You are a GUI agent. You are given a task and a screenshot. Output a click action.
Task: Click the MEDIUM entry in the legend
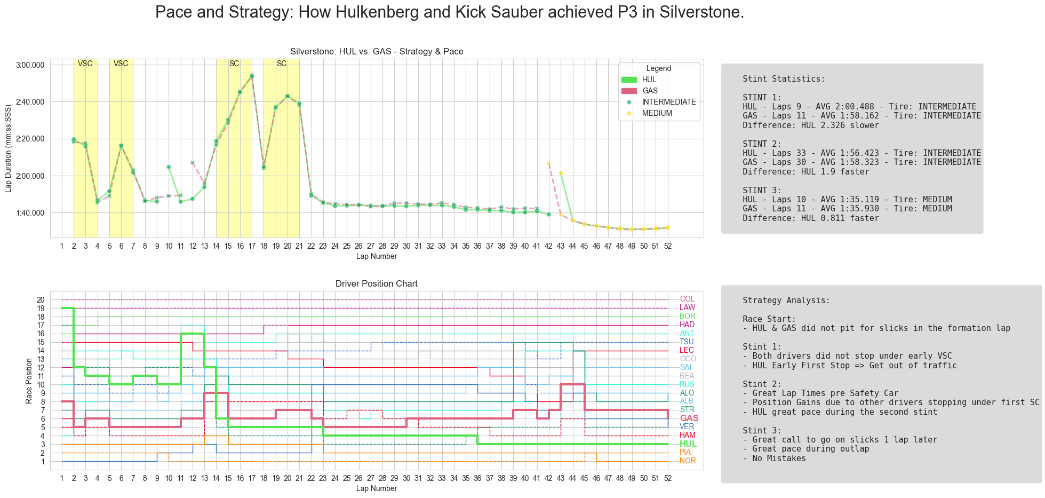(x=657, y=113)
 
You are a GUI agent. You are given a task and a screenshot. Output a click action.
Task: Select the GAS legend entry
(x=650, y=91)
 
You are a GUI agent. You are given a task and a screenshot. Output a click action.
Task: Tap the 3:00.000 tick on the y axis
(x=30, y=65)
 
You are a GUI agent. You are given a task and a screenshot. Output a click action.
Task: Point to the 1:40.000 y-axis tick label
(x=30, y=213)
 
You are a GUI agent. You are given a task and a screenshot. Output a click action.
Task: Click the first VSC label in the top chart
(x=85, y=64)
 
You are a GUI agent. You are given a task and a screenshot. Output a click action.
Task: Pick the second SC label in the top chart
(x=282, y=64)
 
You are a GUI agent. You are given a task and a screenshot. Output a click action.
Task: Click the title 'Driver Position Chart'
(x=376, y=283)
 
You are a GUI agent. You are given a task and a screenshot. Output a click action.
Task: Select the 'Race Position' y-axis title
(x=29, y=381)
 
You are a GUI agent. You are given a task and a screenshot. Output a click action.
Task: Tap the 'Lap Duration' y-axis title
(x=8, y=148)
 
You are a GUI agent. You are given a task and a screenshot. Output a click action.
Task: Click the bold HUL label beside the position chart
(x=688, y=444)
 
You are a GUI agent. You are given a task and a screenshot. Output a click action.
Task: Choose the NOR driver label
(x=688, y=461)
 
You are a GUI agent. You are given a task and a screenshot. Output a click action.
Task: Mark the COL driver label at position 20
(x=687, y=299)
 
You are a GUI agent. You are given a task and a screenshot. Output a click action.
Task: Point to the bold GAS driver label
(x=689, y=418)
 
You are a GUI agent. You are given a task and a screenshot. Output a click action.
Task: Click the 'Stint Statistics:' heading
(x=784, y=79)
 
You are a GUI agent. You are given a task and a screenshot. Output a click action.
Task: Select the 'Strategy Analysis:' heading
(x=786, y=301)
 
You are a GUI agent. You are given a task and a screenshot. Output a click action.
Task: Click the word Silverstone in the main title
(x=701, y=12)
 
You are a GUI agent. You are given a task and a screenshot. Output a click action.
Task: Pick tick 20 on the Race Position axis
(x=41, y=300)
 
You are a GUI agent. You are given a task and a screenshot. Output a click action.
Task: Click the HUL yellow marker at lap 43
(x=561, y=173)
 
